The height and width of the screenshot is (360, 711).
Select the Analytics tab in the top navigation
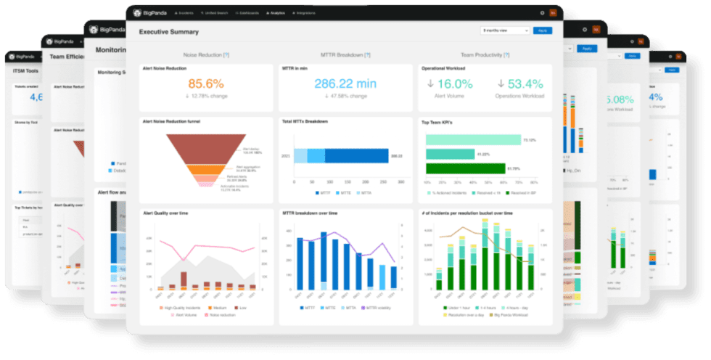[275, 12]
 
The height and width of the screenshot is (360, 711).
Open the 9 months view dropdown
[505, 30]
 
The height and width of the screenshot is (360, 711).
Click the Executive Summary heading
[168, 32]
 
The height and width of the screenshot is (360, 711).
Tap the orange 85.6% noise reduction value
[206, 84]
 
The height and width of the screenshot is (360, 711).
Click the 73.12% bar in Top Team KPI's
[472, 139]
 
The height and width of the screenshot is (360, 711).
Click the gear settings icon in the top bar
[541, 12]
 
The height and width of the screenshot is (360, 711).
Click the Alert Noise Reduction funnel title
[170, 121]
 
